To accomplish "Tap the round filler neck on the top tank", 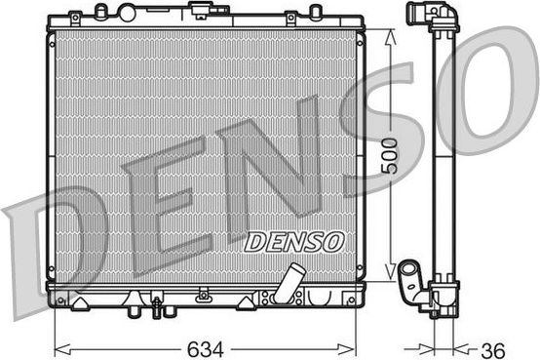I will coord(126,12).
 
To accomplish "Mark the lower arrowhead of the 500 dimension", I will coord(391,279).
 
